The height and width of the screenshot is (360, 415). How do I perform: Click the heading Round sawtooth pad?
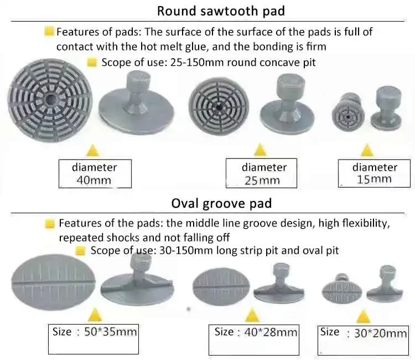221,11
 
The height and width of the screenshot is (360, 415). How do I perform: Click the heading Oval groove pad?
221,203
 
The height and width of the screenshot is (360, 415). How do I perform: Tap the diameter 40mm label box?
95,174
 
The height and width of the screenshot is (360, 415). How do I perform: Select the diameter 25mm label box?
261,173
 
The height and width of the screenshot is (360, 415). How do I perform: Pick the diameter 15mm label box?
374,173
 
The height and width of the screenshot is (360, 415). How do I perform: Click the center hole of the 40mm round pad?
50,100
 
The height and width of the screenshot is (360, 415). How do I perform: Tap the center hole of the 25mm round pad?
219,107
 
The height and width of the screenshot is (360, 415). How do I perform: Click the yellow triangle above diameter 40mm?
92,151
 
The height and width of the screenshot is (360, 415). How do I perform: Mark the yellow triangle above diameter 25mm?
260,150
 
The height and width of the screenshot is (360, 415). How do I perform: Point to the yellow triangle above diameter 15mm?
367,150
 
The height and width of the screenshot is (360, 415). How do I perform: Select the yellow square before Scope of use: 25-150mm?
92,63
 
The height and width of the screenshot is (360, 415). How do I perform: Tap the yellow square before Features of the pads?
50,224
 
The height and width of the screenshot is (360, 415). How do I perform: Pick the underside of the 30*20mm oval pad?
342,292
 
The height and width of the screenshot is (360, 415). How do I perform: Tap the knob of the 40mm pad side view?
139,82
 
